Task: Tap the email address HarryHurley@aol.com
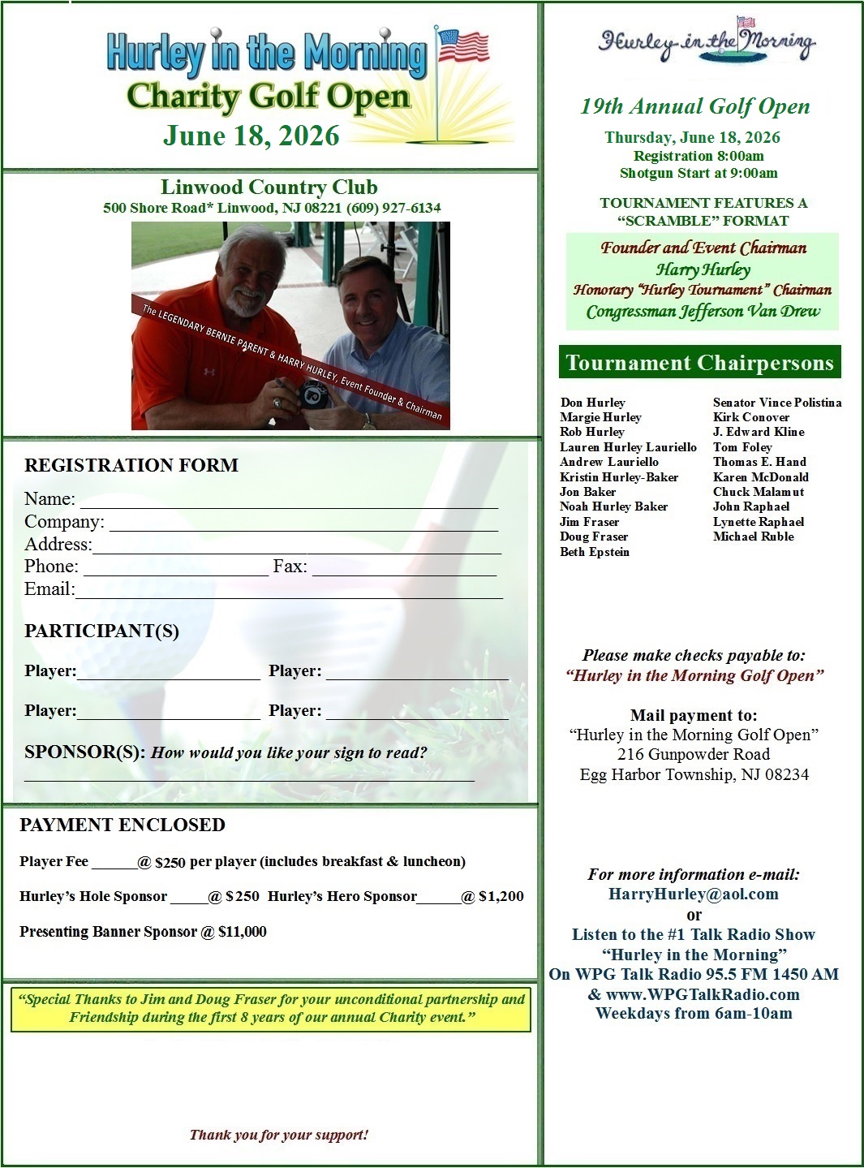(694, 894)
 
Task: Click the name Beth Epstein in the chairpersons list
(594, 552)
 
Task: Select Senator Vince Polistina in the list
(776, 403)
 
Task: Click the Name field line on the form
(288, 501)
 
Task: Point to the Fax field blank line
(404, 568)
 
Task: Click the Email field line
(288, 591)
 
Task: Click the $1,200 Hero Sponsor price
(501, 896)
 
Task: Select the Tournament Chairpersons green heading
(699, 363)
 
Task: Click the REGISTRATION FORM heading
(131, 465)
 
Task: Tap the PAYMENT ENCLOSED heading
(123, 825)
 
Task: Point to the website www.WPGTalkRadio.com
(703, 994)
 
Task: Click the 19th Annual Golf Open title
(694, 106)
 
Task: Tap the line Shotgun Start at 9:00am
(699, 173)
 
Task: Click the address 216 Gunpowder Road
(694, 754)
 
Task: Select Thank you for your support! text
(279, 1135)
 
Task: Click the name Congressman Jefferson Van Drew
(703, 312)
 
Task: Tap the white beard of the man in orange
(243, 304)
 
